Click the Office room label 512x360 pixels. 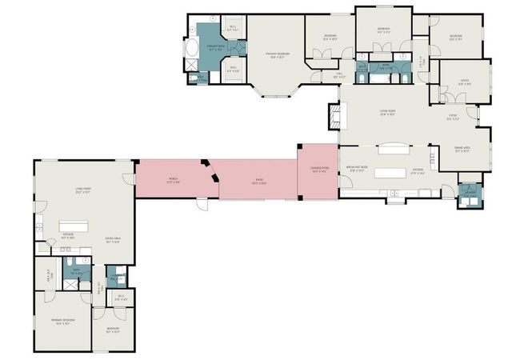pos(464,82)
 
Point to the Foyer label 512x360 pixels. pos(454,120)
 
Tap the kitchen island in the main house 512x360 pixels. pos(391,172)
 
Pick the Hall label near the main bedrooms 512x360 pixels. pos(338,75)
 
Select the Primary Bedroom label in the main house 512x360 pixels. pos(277,54)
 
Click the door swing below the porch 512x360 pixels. pos(203,205)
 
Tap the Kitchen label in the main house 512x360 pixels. pos(417,170)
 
